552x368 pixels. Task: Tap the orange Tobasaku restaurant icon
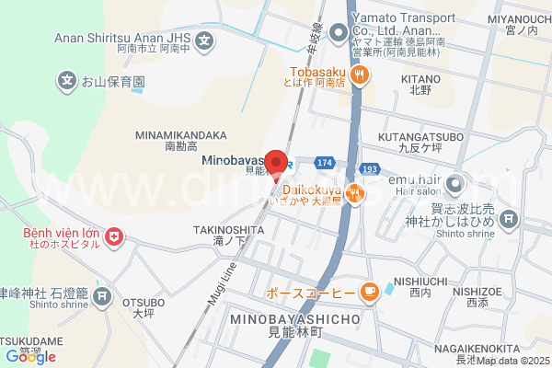coord(362,75)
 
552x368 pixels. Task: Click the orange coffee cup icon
coord(369,293)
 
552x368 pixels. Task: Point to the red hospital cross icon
coord(114,238)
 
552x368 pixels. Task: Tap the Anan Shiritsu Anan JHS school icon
coord(205,41)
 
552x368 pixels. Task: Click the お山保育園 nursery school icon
coord(67,82)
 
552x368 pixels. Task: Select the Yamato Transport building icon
coord(338,33)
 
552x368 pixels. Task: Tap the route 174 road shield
coord(323,162)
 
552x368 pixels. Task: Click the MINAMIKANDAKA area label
coord(181,133)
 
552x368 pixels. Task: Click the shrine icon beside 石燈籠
coord(103,296)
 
